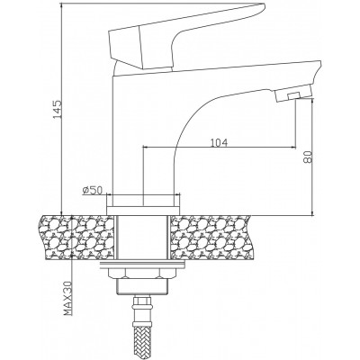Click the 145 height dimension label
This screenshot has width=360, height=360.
(x=57, y=109)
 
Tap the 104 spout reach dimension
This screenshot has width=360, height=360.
(x=219, y=142)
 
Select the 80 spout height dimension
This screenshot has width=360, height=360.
(x=308, y=157)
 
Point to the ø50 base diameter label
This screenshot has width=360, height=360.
(x=93, y=190)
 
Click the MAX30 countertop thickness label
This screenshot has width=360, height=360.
(x=68, y=299)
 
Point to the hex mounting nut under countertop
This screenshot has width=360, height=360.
(x=143, y=274)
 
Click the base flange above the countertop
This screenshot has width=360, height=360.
(x=143, y=211)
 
